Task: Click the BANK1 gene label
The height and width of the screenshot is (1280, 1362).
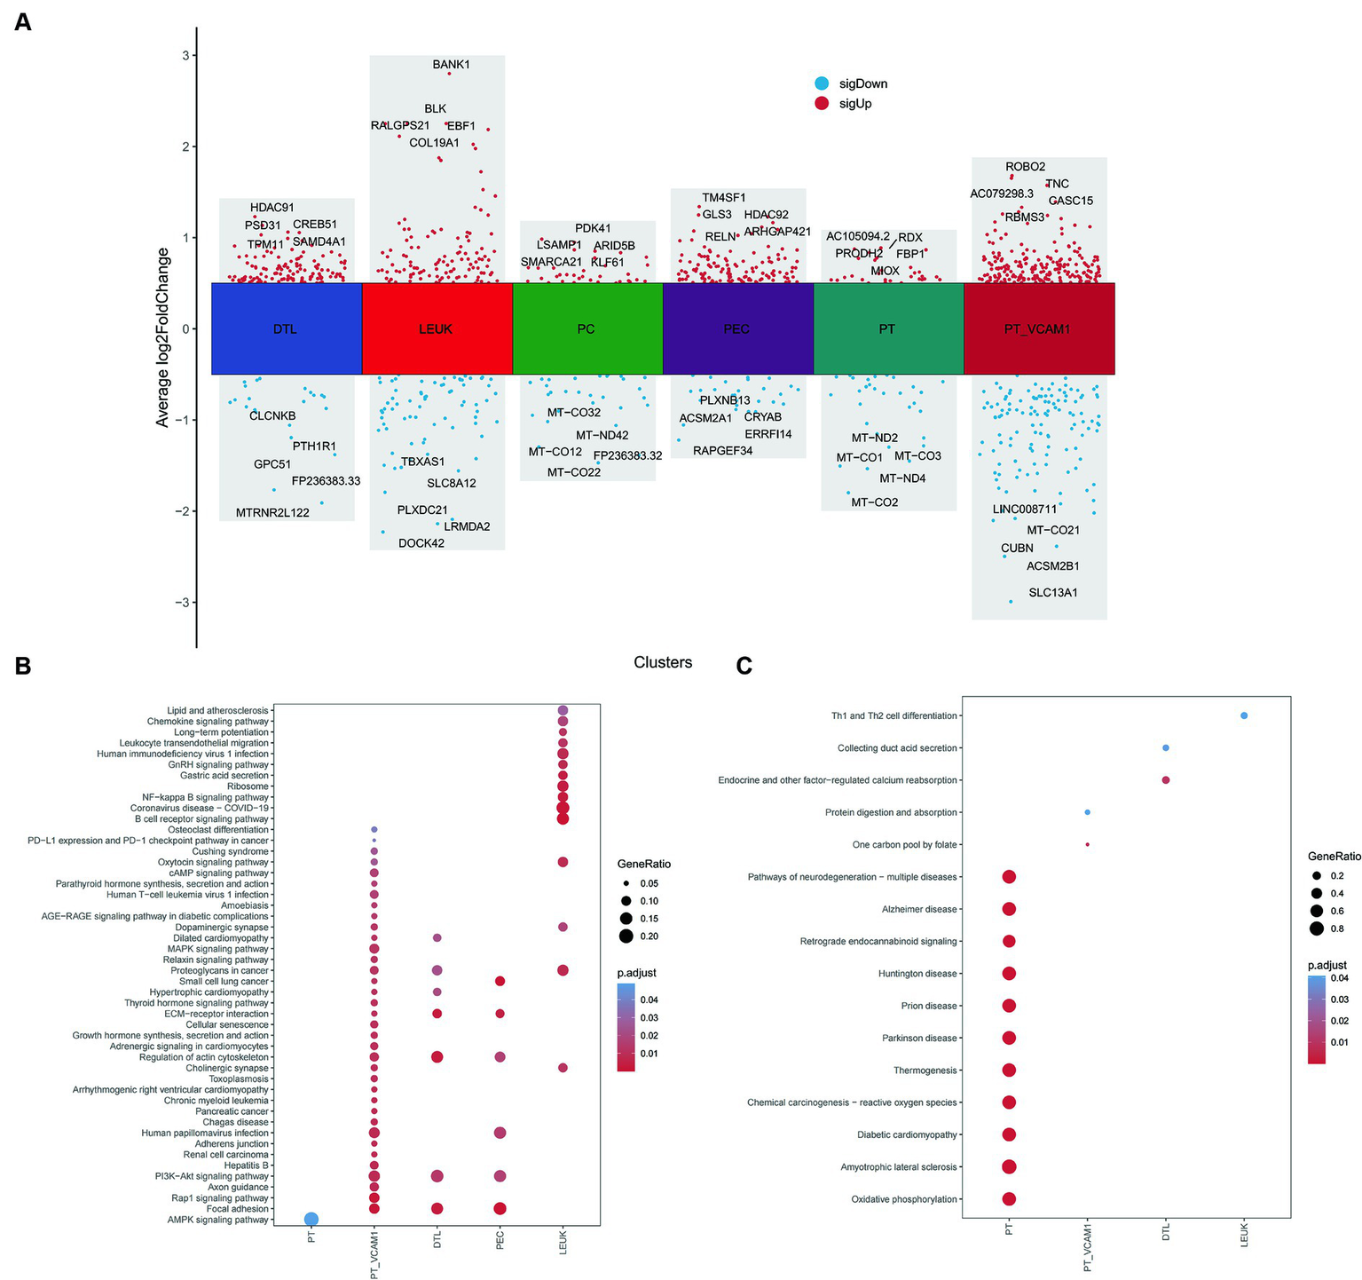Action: (x=451, y=65)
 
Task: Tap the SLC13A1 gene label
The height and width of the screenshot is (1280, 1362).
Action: (x=1052, y=593)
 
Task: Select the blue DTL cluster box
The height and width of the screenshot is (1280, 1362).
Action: (x=286, y=329)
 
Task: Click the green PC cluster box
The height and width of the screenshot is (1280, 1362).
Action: (x=587, y=329)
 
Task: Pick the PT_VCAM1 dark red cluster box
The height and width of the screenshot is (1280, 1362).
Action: (x=1038, y=329)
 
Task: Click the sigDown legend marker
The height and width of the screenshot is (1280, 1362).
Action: (x=822, y=83)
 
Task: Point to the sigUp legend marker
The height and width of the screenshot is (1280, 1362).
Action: (x=822, y=103)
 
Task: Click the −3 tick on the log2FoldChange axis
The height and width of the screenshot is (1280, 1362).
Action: (x=185, y=603)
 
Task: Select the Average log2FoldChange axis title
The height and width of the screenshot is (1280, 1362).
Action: (x=162, y=337)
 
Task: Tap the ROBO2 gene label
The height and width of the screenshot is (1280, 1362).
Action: (x=1025, y=167)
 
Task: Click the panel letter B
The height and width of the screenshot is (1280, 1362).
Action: (x=23, y=666)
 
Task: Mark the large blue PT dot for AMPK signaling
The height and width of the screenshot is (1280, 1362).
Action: (x=311, y=1220)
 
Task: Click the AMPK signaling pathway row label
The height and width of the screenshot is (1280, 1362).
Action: (x=218, y=1220)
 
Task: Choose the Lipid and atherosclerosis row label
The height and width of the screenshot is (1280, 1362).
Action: (x=217, y=711)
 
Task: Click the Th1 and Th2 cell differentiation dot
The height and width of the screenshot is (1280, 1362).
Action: (x=1244, y=715)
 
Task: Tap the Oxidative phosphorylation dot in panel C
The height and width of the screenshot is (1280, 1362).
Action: (x=1009, y=1199)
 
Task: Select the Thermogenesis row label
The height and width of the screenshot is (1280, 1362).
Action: (x=925, y=1071)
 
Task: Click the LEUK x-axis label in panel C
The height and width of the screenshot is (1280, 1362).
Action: (x=1244, y=1235)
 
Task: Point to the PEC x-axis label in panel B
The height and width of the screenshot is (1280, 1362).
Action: (x=500, y=1239)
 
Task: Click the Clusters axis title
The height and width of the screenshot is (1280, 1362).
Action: (x=663, y=662)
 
